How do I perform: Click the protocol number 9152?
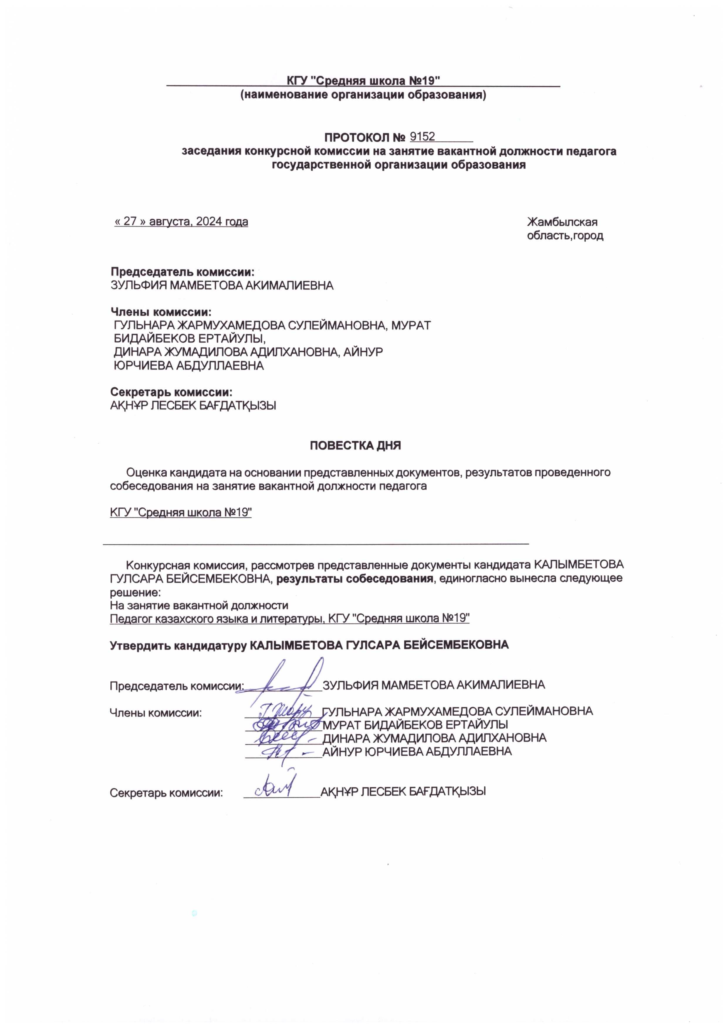coord(422,136)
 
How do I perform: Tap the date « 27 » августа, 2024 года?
coord(181,222)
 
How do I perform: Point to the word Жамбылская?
coord(562,222)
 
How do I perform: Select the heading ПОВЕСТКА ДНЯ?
coord(355,445)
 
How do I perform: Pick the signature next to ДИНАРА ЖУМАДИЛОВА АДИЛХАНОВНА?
coord(281,738)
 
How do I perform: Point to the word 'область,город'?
coord(565,236)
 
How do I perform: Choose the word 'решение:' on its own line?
coord(135,592)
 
